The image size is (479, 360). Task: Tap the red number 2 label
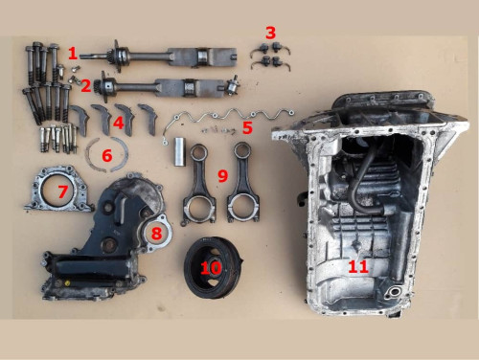[x=86, y=85]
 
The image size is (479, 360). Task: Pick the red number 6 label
[x=107, y=154]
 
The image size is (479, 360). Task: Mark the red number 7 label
[x=62, y=192]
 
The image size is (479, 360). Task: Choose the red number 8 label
[x=156, y=231]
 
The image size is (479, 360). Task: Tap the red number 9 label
[x=222, y=176]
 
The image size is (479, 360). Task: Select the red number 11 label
[x=358, y=267]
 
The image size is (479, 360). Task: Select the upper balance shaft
[x=163, y=55]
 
